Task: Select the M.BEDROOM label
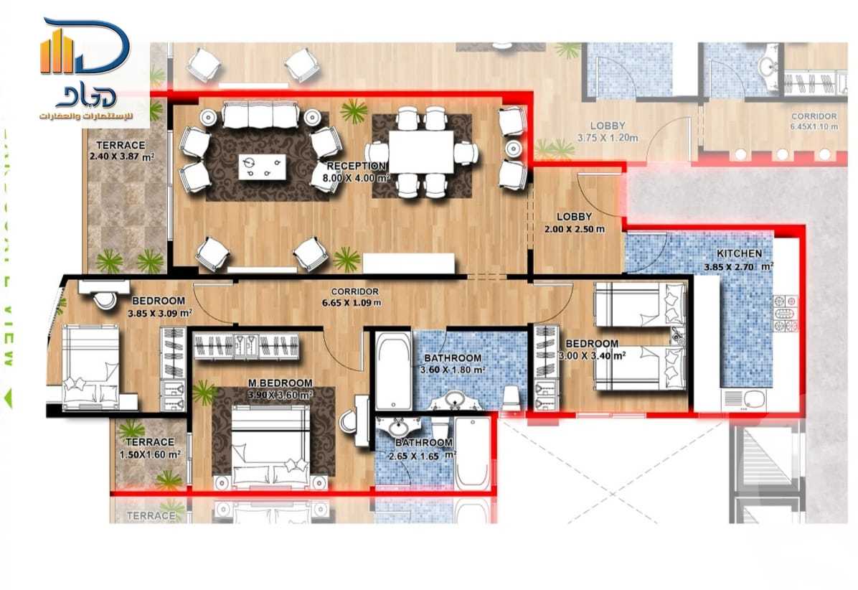tap(280, 383)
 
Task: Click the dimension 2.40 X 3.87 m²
tap(123, 156)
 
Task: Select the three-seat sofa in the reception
tap(260, 114)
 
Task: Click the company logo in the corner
tap(85, 68)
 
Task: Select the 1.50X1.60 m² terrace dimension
tap(149, 454)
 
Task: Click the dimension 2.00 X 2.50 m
tap(574, 230)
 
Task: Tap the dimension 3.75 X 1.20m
tap(608, 137)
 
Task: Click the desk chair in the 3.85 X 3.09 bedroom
tap(106, 300)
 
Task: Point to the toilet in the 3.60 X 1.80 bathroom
tap(510, 398)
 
